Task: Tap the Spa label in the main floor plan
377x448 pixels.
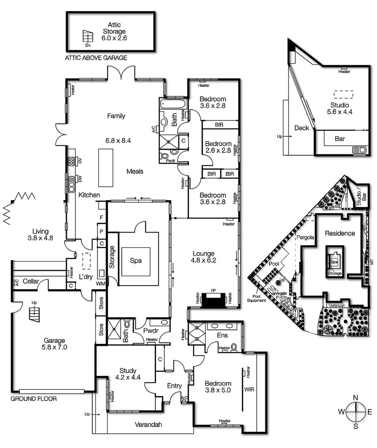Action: tap(136, 261)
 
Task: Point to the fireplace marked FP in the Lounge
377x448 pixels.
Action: tap(212, 300)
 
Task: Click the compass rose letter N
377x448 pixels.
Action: tap(355, 397)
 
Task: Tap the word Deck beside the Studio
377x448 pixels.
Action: tap(302, 128)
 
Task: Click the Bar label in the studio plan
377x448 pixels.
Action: tap(340, 139)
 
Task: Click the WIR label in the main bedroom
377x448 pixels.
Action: tap(249, 389)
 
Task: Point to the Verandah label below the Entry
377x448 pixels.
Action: tap(148, 424)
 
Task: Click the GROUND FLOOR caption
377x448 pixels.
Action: tap(34, 399)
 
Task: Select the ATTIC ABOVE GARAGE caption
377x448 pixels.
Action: tap(96, 58)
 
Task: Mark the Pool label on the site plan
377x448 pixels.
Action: tap(274, 263)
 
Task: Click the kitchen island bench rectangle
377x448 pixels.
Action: tap(105, 168)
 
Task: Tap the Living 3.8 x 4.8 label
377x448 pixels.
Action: tap(43, 234)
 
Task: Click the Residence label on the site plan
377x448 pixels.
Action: tap(340, 233)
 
